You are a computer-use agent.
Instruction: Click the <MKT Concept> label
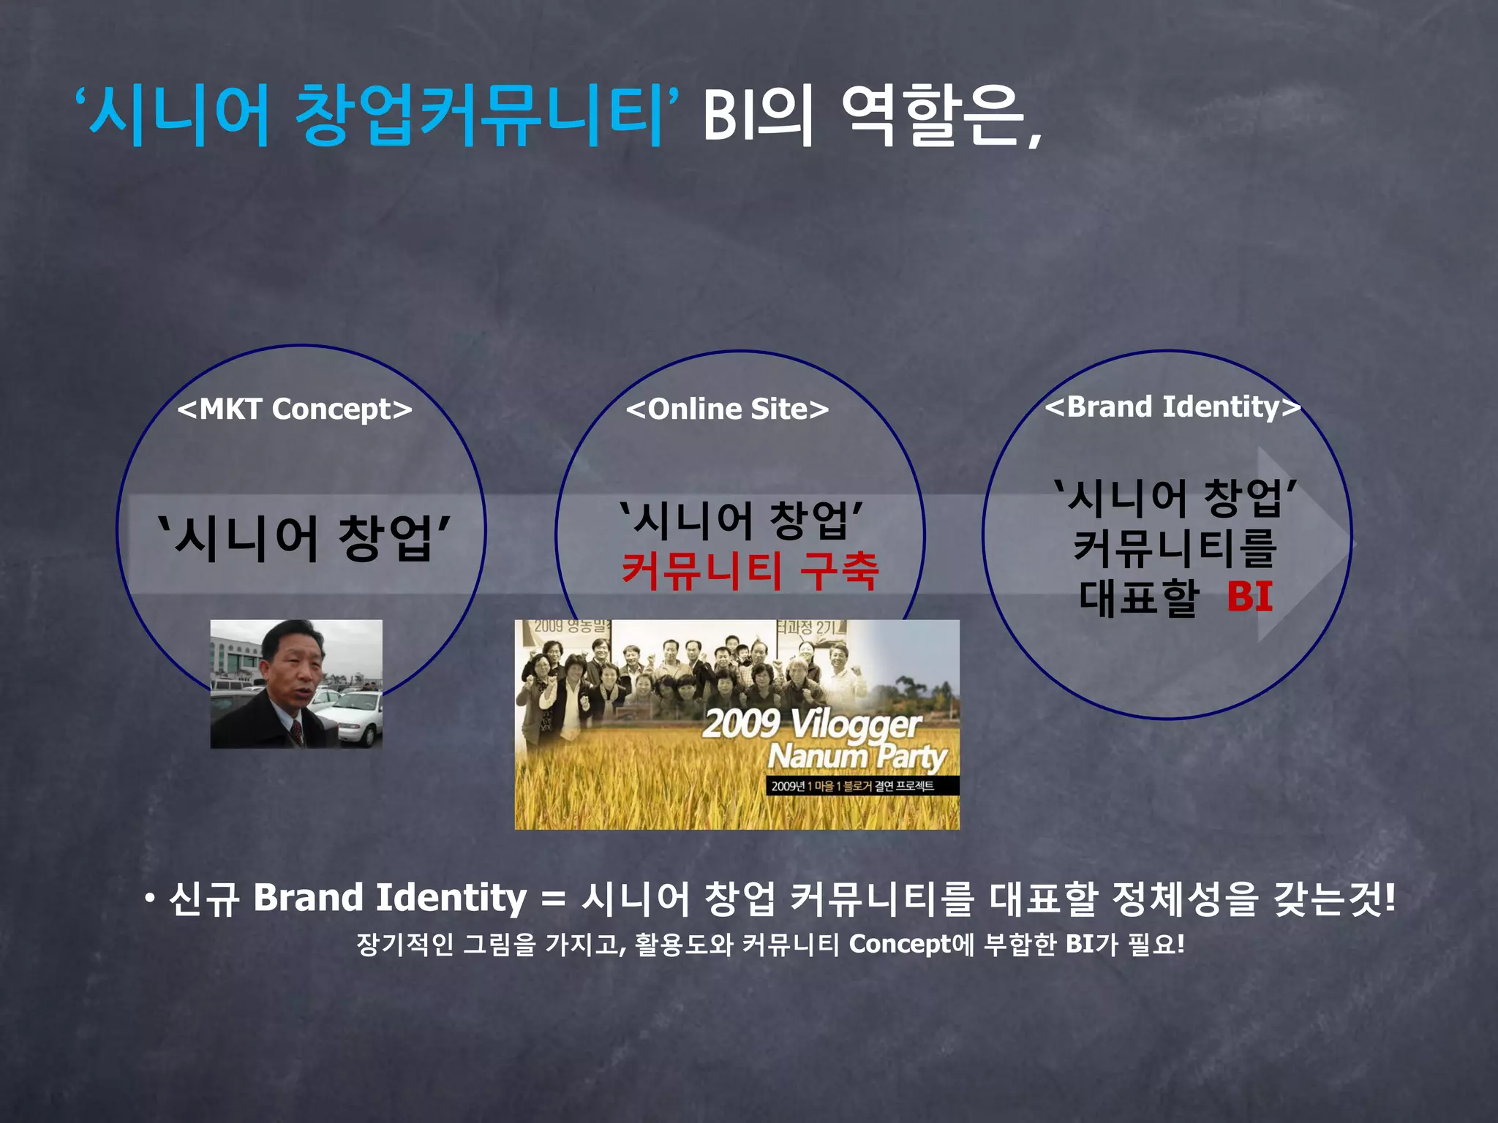click(x=295, y=409)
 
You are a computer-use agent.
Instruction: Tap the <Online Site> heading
click(x=727, y=409)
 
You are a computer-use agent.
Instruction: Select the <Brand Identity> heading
click(x=1173, y=407)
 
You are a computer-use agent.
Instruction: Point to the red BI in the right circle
click(x=1250, y=597)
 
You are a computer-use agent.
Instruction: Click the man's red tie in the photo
click(x=296, y=730)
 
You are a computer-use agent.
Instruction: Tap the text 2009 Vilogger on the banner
click(x=811, y=724)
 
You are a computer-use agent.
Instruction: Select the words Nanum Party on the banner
click(x=857, y=757)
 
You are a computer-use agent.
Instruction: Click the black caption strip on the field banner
click(x=852, y=786)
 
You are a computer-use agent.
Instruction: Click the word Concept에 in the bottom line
click(x=911, y=945)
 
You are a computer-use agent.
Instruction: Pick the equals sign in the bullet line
click(x=554, y=899)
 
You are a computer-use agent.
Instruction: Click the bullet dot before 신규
click(x=150, y=899)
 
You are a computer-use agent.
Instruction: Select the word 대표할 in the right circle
click(x=1138, y=597)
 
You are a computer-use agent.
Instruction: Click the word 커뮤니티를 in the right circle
click(x=1175, y=548)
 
